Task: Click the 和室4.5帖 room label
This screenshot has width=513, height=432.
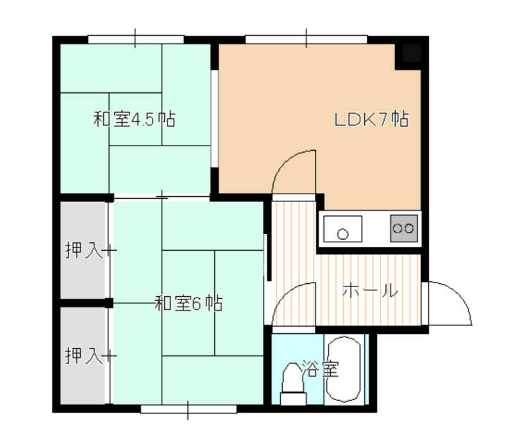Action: tap(135, 119)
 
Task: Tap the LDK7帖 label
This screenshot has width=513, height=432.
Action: tap(371, 119)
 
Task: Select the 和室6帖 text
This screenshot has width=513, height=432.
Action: tap(189, 303)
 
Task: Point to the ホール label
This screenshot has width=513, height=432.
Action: tap(370, 290)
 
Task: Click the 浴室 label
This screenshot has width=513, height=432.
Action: tap(320, 369)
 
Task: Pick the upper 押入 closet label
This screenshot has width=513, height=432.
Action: tap(84, 250)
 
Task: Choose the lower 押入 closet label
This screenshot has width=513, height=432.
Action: tap(84, 356)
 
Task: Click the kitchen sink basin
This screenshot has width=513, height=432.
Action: tap(342, 229)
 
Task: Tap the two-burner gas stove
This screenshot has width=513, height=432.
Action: tap(404, 228)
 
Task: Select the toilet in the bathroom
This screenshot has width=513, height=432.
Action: tap(293, 383)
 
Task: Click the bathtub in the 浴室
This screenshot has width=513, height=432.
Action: tap(344, 369)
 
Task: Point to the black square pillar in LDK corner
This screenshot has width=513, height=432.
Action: tap(411, 53)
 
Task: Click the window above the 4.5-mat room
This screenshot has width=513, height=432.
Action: tap(136, 39)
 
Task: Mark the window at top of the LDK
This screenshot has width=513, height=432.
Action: tap(307, 39)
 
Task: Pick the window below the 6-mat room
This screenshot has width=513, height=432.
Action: tap(189, 409)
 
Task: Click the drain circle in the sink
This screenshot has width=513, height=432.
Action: tap(342, 235)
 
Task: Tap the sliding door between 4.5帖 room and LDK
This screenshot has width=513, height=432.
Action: tap(215, 119)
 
